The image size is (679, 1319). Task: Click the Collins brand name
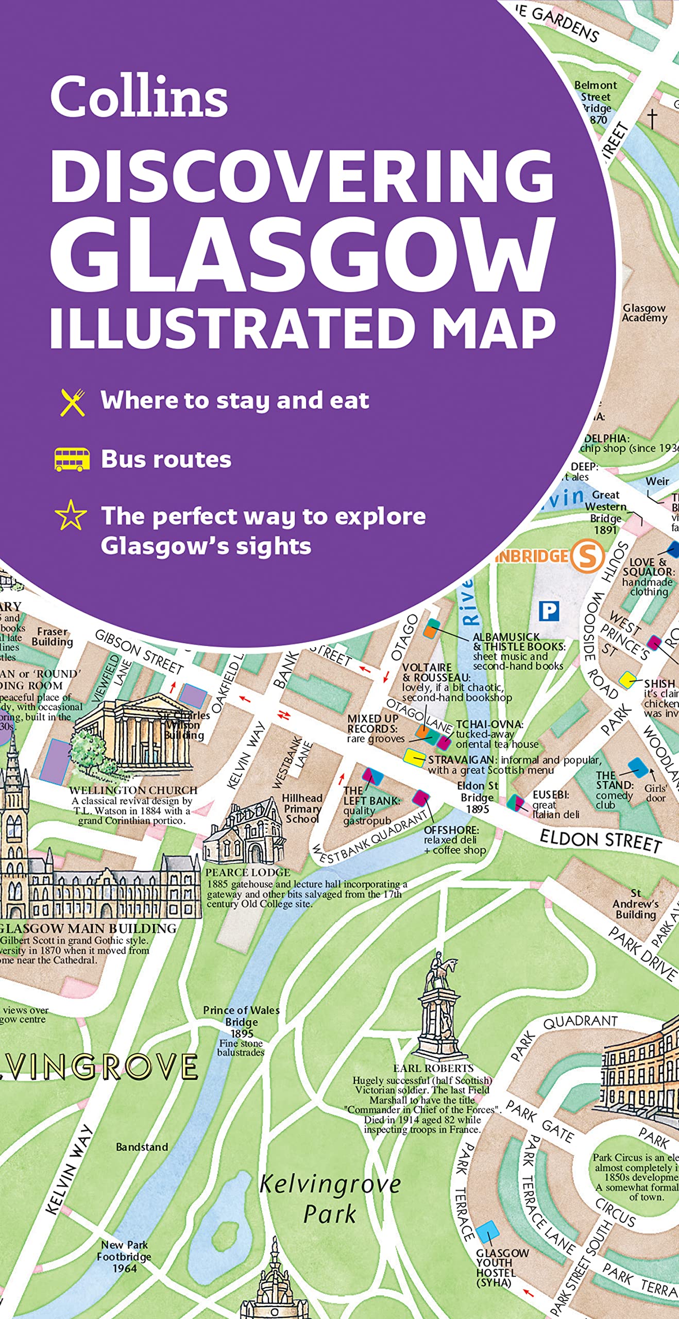pyautogui.click(x=139, y=96)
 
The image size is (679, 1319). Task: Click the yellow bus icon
pyautogui.click(x=72, y=460)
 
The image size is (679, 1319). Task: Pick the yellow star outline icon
pyautogui.click(x=71, y=516)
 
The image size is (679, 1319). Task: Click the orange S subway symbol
pyautogui.click(x=587, y=556)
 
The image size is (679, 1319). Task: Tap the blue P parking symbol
pyautogui.click(x=549, y=612)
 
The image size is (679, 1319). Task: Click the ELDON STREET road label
pyautogui.click(x=600, y=840)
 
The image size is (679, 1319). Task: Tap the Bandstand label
pyautogui.click(x=142, y=1147)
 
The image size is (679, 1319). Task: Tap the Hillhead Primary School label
pyautogui.click(x=302, y=808)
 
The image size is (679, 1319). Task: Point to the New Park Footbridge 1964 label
pyautogui.click(x=124, y=1256)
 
